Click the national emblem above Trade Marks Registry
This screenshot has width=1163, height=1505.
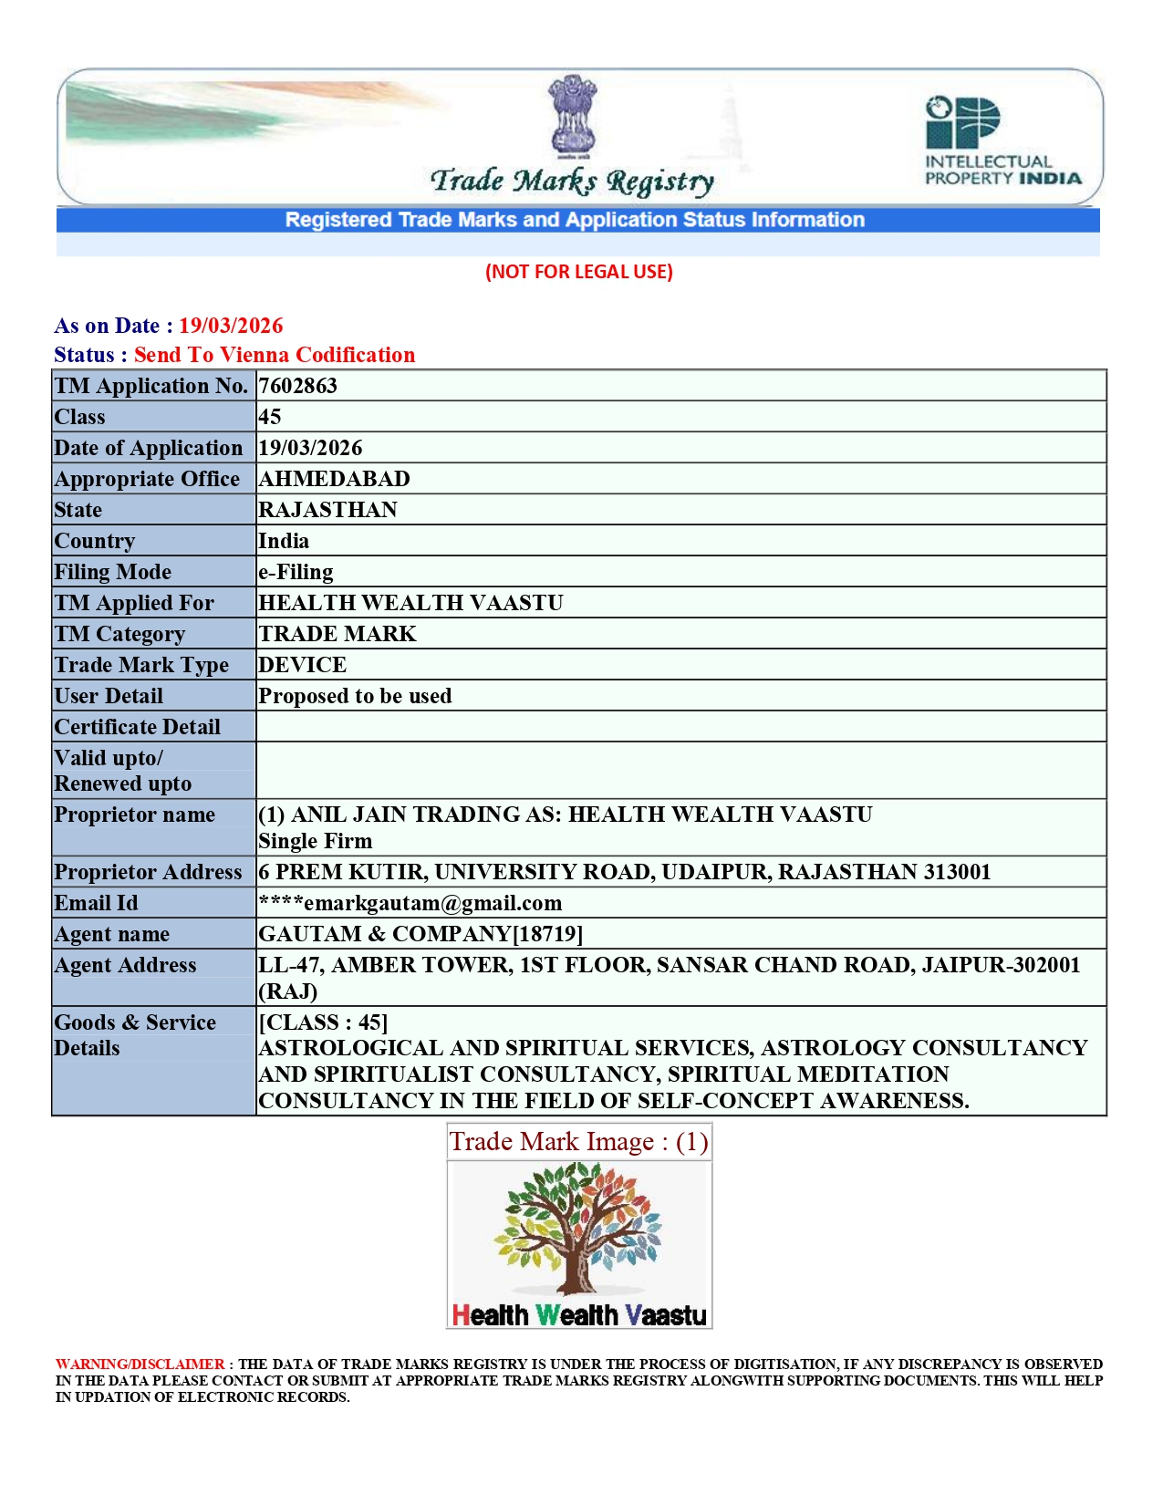click(572, 114)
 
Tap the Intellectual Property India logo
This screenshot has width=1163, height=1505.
click(1002, 140)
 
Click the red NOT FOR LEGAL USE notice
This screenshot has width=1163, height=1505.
click(579, 272)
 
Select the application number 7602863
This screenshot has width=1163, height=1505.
click(297, 386)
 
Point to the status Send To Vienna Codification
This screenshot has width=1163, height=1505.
click(275, 355)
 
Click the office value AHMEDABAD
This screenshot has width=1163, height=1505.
click(334, 479)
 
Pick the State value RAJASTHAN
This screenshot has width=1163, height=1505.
click(327, 510)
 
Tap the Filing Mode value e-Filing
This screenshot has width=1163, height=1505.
click(296, 572)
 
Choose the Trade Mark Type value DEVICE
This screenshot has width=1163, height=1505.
click(302, 665)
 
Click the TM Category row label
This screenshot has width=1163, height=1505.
click(119, 634)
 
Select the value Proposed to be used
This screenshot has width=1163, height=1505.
click(355, 696)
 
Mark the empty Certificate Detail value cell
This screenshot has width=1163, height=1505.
click(680, 727)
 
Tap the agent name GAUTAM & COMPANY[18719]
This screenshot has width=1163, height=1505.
click(421, 934)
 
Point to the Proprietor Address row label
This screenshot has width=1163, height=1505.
click(148, 872)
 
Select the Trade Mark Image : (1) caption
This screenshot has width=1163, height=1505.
click(578, 1142)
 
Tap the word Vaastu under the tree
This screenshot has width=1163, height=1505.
click(667, 1315)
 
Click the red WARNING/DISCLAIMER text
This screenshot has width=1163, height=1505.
click(140, 1365)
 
